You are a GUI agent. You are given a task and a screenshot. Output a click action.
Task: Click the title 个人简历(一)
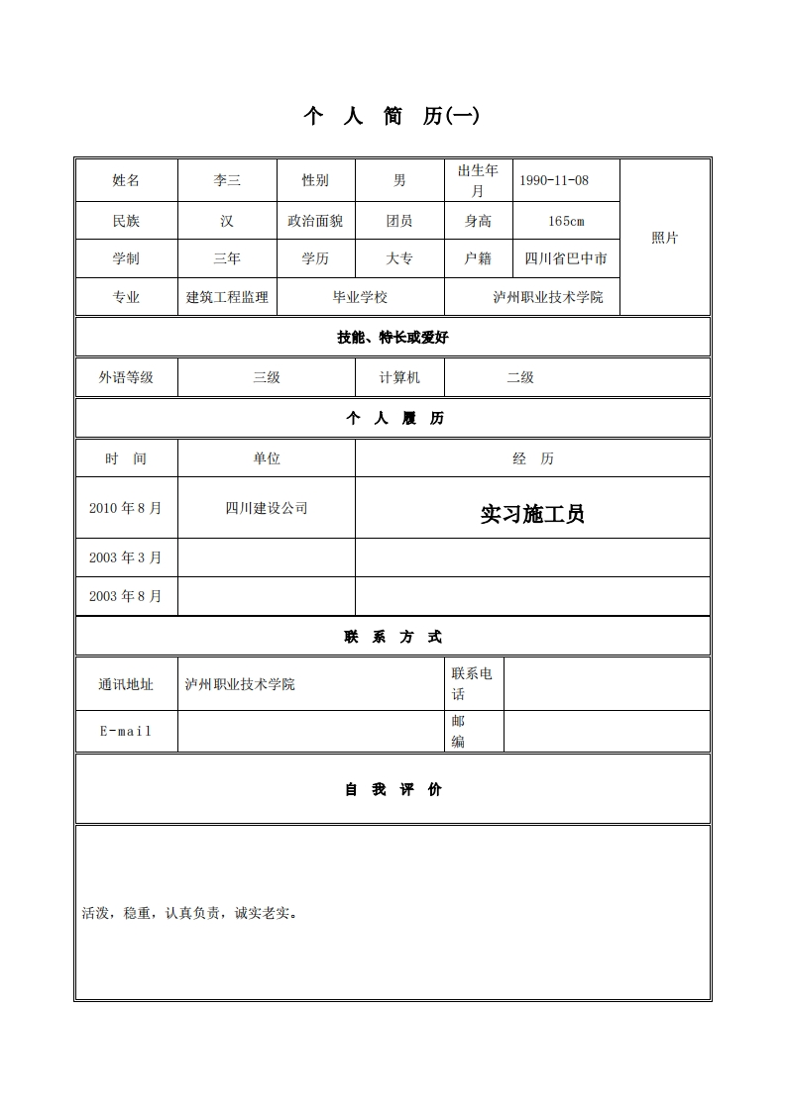click(392, 116)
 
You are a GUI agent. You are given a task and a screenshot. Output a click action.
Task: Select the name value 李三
click(227, 180)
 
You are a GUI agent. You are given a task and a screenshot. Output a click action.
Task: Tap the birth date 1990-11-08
click(554, 180)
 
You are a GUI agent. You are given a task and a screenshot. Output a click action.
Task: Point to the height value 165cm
click(566, 221)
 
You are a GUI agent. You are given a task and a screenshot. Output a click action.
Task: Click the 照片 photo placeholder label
click(665, 238)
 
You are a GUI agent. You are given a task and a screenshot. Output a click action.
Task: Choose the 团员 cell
click(399, 221)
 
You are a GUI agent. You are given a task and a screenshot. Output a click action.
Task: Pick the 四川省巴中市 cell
click(566, 258)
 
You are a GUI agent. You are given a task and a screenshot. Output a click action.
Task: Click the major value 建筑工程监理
click(227, 297)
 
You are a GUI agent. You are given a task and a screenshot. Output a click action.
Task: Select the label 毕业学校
click(360, 297)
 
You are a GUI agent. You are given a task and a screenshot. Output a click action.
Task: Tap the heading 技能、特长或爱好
click(393, 338)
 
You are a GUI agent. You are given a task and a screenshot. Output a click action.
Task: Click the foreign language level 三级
click(267, 377)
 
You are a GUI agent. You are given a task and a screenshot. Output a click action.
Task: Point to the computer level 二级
click(520, 377)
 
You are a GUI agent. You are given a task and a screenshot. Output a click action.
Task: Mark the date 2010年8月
click(125, 508)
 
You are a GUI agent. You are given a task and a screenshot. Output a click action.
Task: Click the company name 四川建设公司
click(267, 508)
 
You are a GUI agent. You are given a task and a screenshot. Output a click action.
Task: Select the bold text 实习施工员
click(532, 514)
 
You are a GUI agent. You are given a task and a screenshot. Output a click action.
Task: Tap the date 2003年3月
click(125, 557)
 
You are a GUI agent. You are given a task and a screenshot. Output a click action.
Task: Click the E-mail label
click(126, 731)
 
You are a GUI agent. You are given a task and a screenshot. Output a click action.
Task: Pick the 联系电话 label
click(472, 683)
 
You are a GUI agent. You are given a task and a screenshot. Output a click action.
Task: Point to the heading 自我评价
click(393, 789)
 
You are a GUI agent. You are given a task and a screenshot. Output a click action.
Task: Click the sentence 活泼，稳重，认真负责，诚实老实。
click(190, 913)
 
